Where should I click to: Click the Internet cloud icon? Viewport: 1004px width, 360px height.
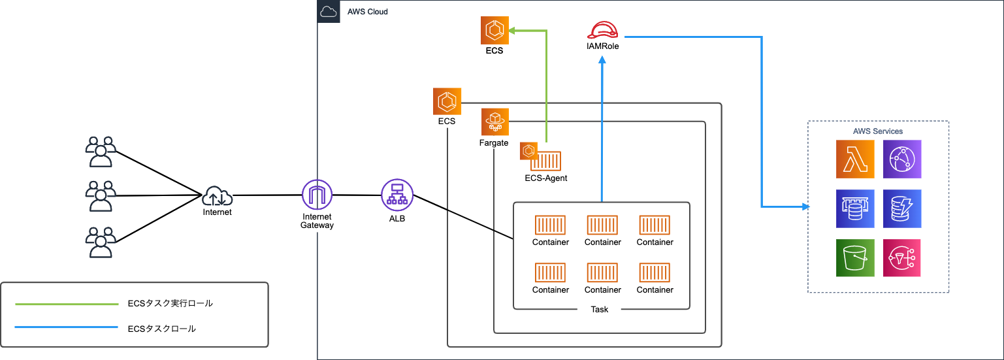[x=217, y=195]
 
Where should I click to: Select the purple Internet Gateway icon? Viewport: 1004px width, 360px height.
[x=317, y=195]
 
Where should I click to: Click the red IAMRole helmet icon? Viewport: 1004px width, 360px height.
[x=602, y=30]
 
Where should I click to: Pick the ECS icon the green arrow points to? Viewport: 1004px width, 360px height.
[x=494, y=31]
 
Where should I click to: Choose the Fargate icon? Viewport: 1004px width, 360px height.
[x=495, y=122]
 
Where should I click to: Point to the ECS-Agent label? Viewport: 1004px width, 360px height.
[x=546, y=178]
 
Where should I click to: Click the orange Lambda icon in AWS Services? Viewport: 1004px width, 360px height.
[x=855, y=159]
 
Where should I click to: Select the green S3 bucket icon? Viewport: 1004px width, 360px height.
[x=855, y=257]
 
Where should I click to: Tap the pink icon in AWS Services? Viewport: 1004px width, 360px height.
[x=902, y=257]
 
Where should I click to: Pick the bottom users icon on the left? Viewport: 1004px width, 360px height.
[x=101, y=243]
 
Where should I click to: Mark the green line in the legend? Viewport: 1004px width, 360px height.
[x=67, y=304]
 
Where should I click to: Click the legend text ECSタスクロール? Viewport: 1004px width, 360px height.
[x=161, y=329]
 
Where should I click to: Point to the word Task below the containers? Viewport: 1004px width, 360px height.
[x=599, y=309]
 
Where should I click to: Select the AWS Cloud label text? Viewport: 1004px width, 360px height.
[x=367, y=12]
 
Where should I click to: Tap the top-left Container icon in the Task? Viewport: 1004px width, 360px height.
[x=550, y=225]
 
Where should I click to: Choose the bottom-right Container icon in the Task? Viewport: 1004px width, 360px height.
[x=655, y=273]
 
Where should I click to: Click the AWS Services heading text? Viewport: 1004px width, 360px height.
[x=878, y=131]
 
